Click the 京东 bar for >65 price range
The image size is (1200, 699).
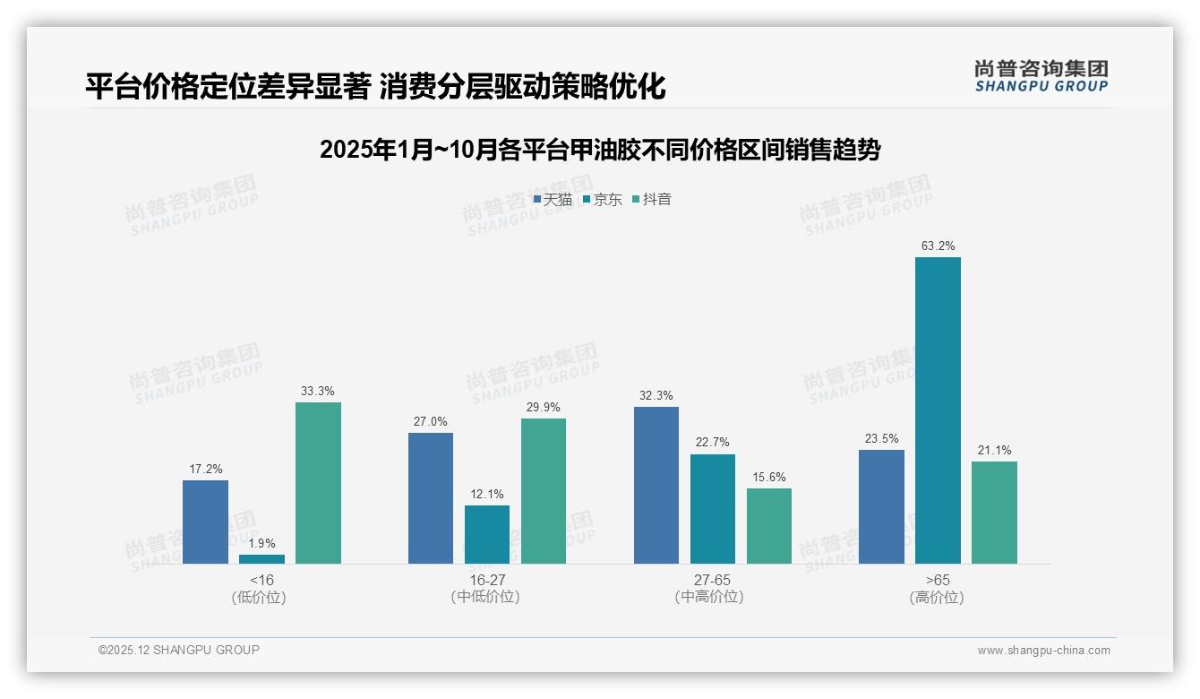pyautogui.click(x=938, y=410)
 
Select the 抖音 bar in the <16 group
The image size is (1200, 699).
pyautogui.click(x=318, y=483)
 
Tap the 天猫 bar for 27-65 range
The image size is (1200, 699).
pyautogui.click(x=656, y=485)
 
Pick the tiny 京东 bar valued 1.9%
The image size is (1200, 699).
pyautogui.click(x=261, y=559)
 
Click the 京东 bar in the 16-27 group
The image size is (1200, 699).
pyautogui.click(x=487, y=534)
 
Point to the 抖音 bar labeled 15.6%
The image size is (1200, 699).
pyautogui.click(x=769, y=526)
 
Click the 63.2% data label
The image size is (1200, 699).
pyautogui.click(x=938, y=246)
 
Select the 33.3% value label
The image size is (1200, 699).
pyautogui.click(x=318, y=391)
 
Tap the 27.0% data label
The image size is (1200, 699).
pyautogui.click(x=431, y=421)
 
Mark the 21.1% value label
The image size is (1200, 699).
pyautogui.click(x=994, y=450)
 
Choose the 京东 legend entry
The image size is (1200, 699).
pyautogui.click(x=602, y=200)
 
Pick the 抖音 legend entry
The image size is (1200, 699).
pyautogui.click(x=652, y=200)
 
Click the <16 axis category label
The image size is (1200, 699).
pyautogui.click(x=261, y=580)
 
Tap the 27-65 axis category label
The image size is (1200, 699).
pyautogui.click(x=712, y=580)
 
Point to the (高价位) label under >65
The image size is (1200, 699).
pyautogui.click(x=938, y=597)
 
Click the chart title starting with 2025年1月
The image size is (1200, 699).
pyautogui.click(x=600, y=150)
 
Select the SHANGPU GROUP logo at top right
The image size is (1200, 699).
pyautogui.click(x=1041, y=75)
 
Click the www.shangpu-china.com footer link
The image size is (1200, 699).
pyautogui.click(x=1043, y=650)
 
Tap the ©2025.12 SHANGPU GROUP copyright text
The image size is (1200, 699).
pyautogui.click(x=179, y=650)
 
